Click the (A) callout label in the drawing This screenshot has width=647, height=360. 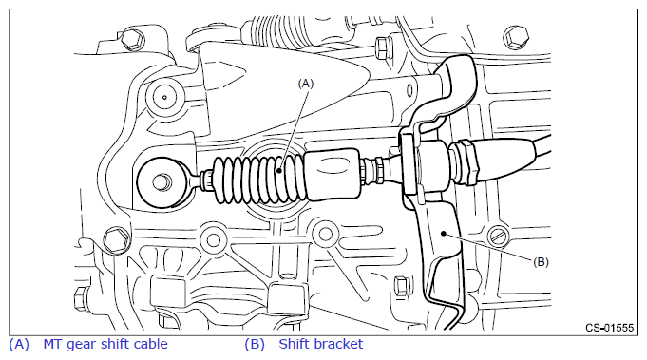pyautogui.click(x=306, y=84)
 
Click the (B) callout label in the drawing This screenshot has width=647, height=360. pyautogui.click(x=541, y=262)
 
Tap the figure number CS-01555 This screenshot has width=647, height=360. pyautogui.click(x=609, y=328)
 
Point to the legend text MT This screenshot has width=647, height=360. pyautogui.click(x=53, y=344)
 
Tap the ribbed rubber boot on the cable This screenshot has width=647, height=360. pyautogui.click(x=259, y=180)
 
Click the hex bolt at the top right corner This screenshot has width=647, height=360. pyautogui.click(x=516, y=37)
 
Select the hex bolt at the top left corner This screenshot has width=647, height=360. pyautogui.click(x=131, y=40)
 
